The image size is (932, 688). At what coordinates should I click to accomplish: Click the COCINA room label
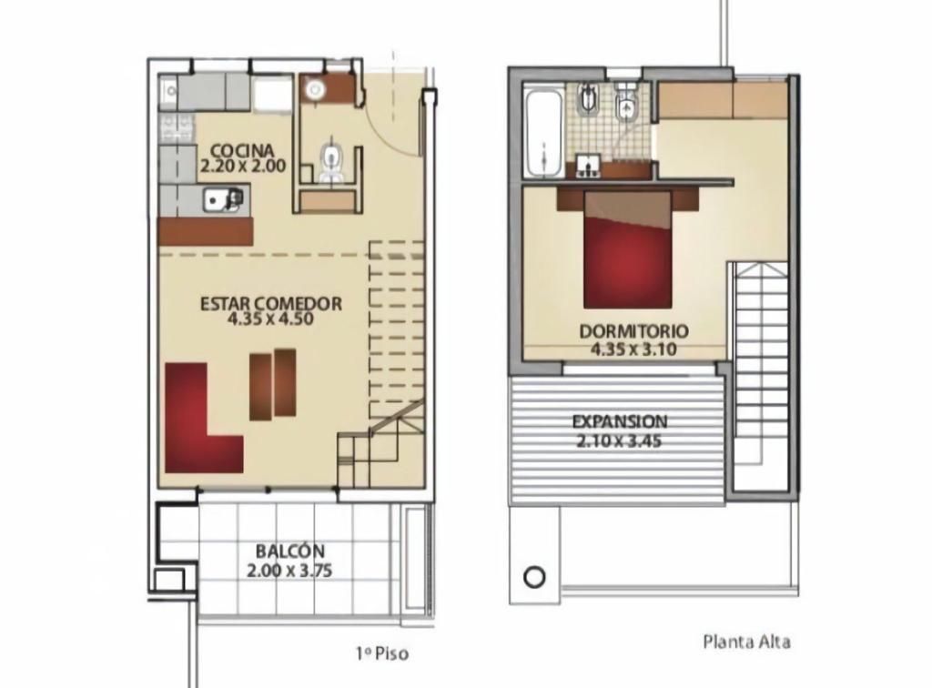[242, 151]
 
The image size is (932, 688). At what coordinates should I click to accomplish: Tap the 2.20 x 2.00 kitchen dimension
[242, 166]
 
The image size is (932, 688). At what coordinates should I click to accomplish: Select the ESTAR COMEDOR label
[271, 304]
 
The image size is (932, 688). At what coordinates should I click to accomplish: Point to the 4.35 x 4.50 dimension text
[270, 319]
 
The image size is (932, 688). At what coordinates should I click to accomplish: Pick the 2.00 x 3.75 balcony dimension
[289, 571]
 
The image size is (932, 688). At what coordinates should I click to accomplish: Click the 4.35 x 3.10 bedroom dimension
[633, 349]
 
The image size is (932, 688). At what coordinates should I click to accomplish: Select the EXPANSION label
[619, 422]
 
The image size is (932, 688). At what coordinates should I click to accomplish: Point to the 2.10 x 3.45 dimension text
[619, 441]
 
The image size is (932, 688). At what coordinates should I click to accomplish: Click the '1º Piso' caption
[383, 654]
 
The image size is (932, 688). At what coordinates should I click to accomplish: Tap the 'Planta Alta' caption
[746, 642]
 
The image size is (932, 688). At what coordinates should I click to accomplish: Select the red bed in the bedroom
[628, 249]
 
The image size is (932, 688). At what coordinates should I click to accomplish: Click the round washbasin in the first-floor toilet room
[314, 90]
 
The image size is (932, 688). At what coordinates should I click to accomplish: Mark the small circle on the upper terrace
[534, 577]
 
